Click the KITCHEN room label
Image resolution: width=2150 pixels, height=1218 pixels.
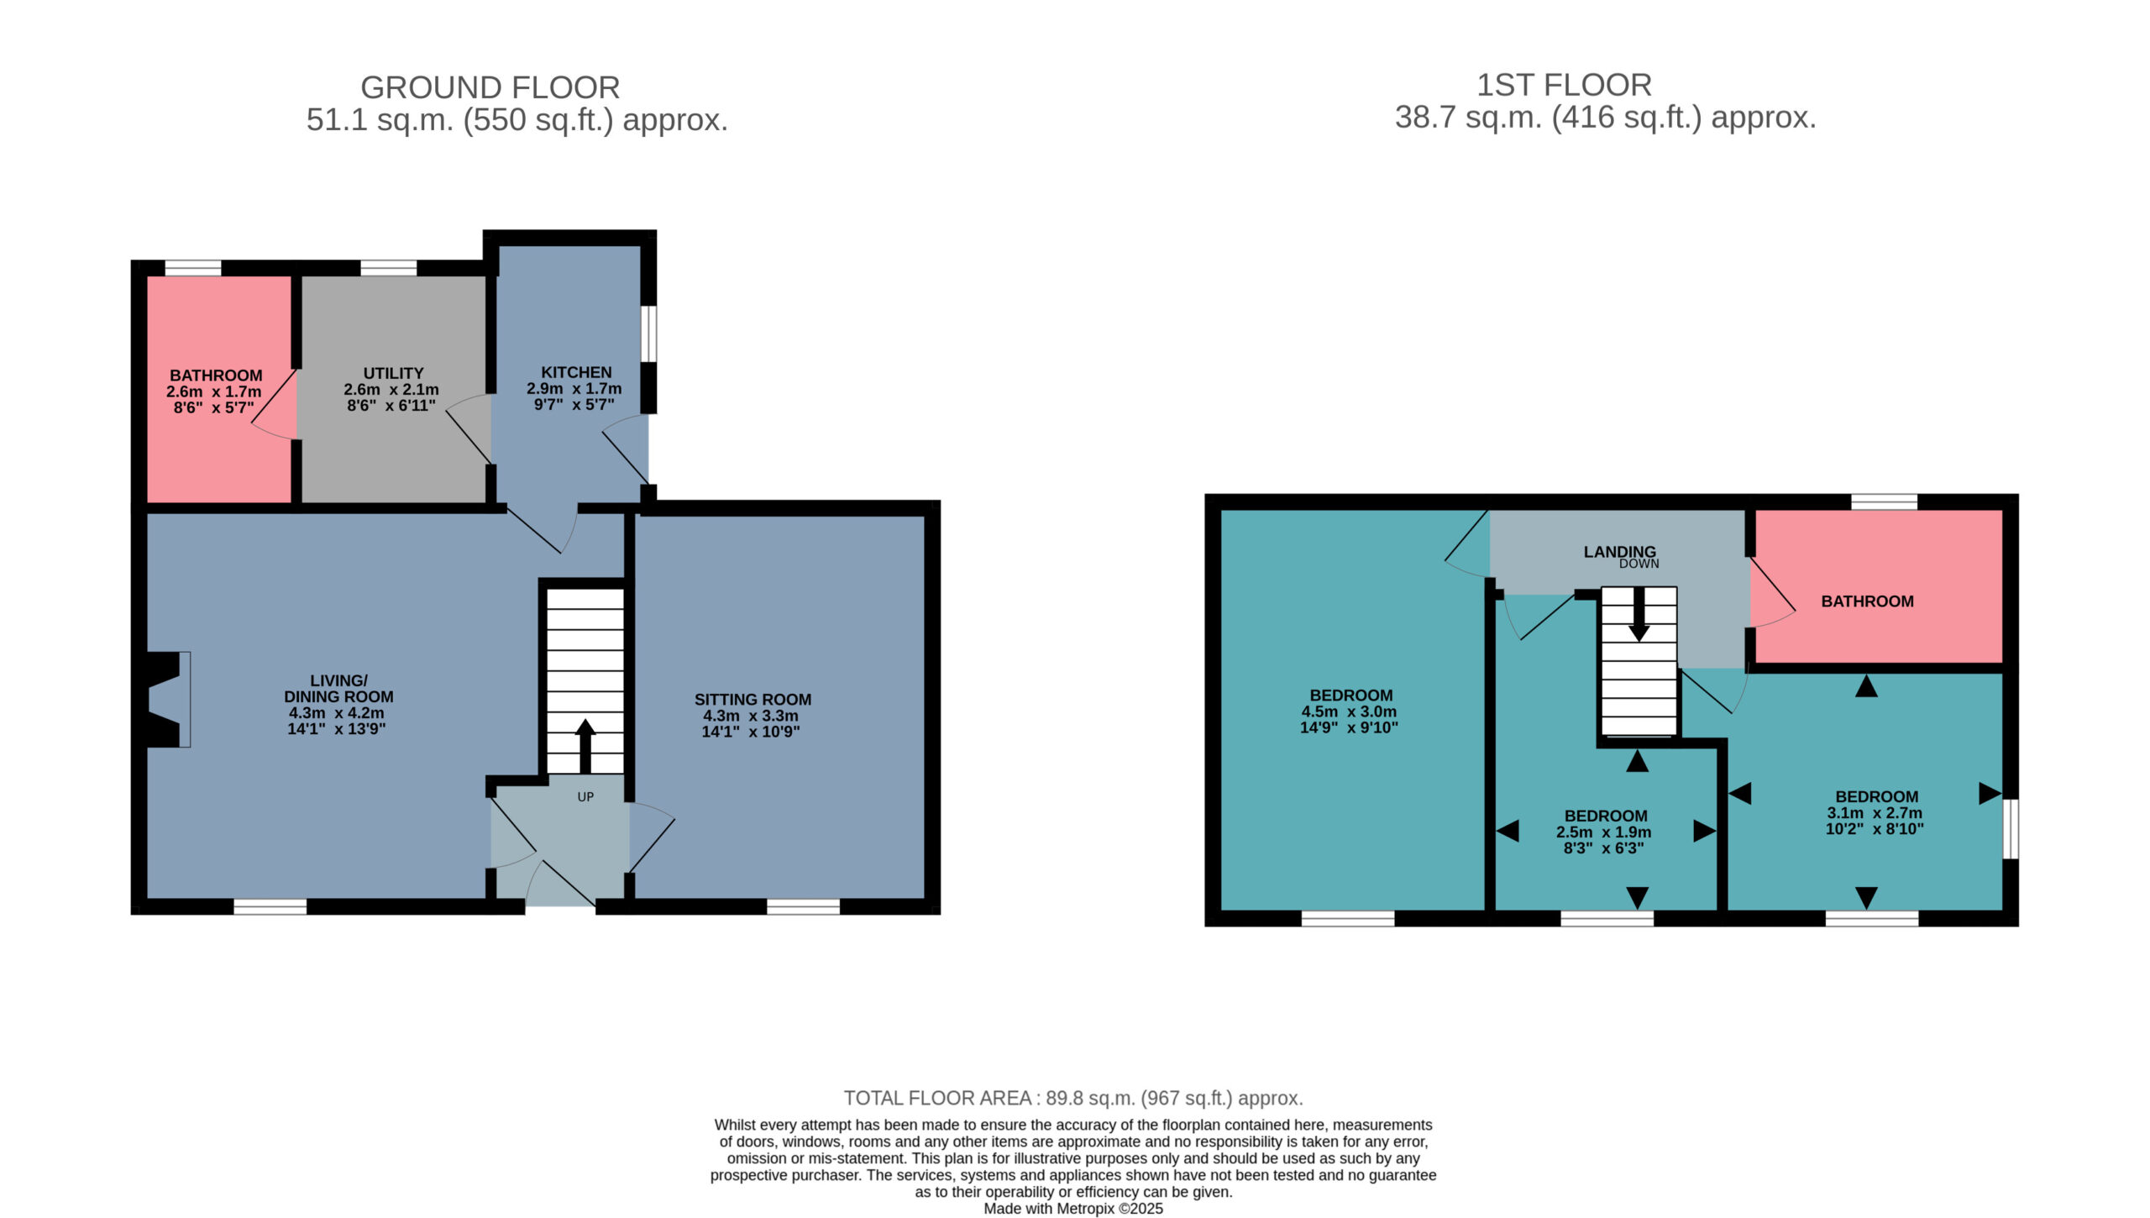[576, 372]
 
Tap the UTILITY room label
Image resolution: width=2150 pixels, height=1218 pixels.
[393, 373]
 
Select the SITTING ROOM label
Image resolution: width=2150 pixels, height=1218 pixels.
[752, 700]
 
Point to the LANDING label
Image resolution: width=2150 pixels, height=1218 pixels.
[1620, 552]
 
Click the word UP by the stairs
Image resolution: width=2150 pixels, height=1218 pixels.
[585, 796]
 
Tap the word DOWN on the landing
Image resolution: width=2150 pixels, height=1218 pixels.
[1639, 564]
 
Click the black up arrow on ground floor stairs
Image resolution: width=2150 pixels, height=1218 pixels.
[585, 746]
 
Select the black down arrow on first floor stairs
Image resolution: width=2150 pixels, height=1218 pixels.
[1639, 614]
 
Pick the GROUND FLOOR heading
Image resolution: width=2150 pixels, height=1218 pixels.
[490, 87]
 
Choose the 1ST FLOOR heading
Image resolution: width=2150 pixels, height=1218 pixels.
[1564, 85]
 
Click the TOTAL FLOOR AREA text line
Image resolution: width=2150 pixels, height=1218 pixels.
[1073, 1098]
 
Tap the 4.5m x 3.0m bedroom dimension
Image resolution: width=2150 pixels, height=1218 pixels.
[1350, 711]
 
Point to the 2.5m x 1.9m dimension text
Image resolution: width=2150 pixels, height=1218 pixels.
[1604, 832]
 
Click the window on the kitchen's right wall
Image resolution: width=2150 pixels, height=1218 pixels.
[649, 333]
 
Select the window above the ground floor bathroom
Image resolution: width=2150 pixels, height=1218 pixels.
[193, 268]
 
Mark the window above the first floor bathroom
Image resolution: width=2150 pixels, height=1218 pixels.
[1885, 501]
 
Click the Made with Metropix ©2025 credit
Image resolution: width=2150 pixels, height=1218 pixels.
[1073, 1209]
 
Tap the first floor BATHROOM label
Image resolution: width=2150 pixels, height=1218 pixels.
[1867, 601]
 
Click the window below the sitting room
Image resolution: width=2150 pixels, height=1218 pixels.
[804, 906]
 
